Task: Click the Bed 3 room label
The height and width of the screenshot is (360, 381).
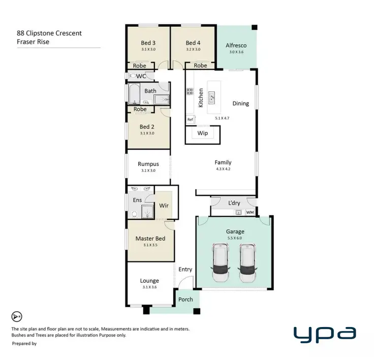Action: pos(148,43)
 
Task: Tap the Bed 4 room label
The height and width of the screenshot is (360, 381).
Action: pos(193,43)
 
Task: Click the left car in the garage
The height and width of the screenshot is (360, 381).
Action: pos(221,263)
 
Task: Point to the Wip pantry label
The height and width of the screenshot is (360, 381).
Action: pos(203,135)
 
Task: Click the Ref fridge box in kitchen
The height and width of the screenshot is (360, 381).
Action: pos(190,119)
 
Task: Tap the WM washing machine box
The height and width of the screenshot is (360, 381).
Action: pos(250,212)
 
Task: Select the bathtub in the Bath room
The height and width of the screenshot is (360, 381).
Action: pos(135,93)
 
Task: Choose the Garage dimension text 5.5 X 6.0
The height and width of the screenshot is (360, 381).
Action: pos(235,238)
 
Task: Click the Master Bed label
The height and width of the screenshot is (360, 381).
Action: pos(150,238)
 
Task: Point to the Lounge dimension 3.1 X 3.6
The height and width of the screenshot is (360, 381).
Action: pos(149,287)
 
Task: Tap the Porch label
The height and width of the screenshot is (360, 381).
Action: pos(185,299)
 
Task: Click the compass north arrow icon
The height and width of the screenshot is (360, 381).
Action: pos(17,317)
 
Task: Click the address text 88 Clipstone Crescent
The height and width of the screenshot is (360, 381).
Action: pos(49,34)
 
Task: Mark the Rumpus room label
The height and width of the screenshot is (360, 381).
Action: pos(148,164)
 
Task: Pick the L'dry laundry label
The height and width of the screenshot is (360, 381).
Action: pos(234,203)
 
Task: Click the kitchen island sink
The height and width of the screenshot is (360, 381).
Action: pos(212,95)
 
